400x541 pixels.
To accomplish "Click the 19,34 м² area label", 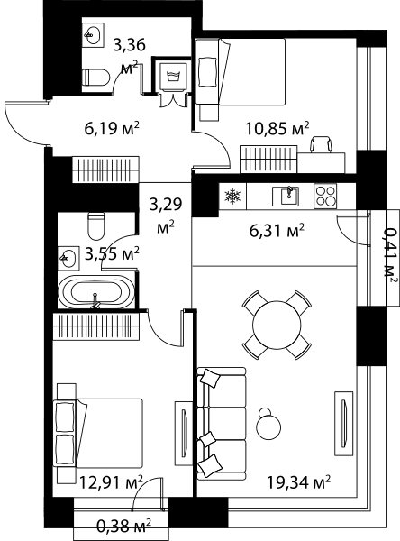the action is [x=299, y=482].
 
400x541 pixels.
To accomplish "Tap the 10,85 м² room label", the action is [x=277, y=128].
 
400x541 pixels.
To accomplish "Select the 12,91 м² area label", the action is [x=111, y=482].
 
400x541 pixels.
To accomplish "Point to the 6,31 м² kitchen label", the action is [x=277, y=230].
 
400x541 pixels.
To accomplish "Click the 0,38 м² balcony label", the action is [x=123, y=526].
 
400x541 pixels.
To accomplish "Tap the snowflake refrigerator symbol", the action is [x=232, y=197].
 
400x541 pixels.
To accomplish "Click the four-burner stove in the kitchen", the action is [x=325, y=197].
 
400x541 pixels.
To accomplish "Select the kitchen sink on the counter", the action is [x=286, y=196].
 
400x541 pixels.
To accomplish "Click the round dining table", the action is [x=277, y=325].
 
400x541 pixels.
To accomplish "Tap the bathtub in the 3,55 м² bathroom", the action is [x=95, y=292].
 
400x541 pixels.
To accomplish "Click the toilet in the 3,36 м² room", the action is [x=95, y=77].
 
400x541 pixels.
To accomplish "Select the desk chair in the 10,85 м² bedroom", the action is [x=322, y=144].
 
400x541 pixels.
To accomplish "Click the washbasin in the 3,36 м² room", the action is [x=93, y=35].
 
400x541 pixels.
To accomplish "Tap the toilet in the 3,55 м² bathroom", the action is [x=95, y=226].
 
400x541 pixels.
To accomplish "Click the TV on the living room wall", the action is [x=343, y=424].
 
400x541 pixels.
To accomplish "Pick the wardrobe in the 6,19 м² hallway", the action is [x=105, y=170].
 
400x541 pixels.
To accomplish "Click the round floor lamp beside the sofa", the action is [x=268, y=425].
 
